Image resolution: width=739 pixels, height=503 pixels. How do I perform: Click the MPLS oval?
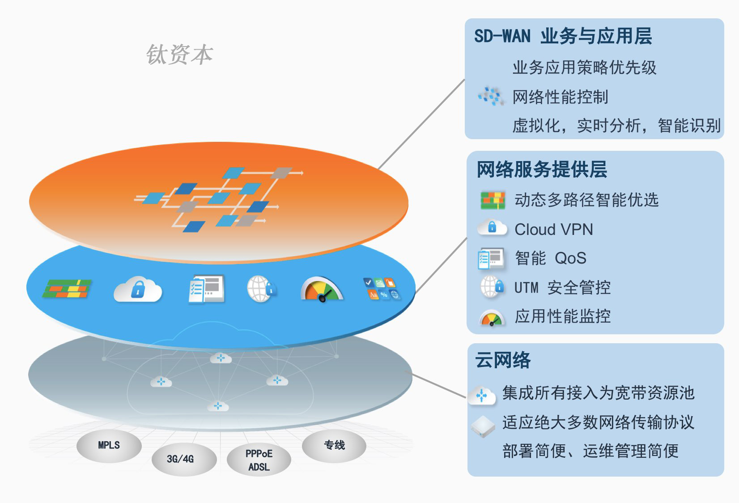coord(109,445)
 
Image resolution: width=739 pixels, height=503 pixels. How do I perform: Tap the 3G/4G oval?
coord(180,459)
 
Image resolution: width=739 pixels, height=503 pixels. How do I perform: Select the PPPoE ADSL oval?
coord(259,460)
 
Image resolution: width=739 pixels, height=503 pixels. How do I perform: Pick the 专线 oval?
coord(334,445)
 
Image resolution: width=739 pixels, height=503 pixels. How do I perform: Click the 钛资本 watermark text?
coord(179,55)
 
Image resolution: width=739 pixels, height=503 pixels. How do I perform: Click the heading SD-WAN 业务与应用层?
coord(563,36)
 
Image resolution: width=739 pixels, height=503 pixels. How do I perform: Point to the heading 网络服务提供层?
coord(542,170)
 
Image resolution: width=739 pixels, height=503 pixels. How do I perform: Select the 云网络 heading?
coord(503,360)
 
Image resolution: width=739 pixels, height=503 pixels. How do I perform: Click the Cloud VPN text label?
coord(553,230)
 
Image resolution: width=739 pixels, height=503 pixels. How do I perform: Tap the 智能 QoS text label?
coord(550,258)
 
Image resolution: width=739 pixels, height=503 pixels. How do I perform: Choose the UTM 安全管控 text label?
coord(562,287)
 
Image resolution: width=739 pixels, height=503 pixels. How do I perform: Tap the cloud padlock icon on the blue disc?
coord(138,289)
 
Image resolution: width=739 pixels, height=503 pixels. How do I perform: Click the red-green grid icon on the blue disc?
coord(67,289)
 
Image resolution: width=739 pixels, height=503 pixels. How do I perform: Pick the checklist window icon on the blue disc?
coord(206,289)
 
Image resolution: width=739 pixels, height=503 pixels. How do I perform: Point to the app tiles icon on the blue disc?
coord(382,289)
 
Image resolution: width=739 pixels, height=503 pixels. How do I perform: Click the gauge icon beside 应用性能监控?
coord(492,318)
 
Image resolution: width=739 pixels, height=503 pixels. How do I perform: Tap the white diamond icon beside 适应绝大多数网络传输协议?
coord(483,426)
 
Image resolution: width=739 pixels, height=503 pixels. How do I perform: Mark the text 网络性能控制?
coord(560,97)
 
